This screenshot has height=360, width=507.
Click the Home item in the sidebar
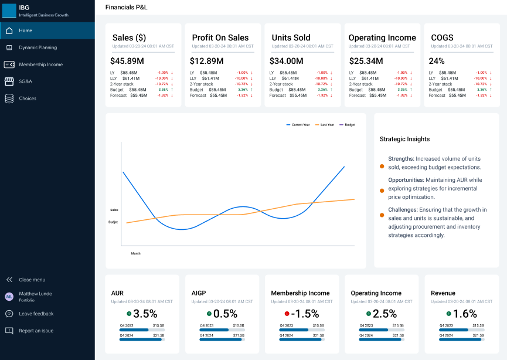pos(25,30)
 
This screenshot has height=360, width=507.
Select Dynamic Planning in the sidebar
pos(38,47)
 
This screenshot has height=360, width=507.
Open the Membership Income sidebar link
pos(40,64)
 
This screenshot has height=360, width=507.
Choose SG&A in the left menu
pos(26,81)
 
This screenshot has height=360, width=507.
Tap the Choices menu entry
pos(27,99)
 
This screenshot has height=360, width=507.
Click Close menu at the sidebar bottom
pos(32,280)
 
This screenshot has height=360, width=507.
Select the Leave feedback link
pos(36,314)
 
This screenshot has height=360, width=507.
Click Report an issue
pos(36,331)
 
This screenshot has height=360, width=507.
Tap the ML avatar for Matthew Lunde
pos(9,297)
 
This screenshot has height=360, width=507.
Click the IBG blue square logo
pos(9,11)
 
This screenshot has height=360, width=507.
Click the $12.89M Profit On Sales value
pos(206,61)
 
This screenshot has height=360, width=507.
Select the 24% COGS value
pos(437,61)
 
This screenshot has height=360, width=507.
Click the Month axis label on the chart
pos(135,253)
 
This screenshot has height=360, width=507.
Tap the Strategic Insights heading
pos(404,140)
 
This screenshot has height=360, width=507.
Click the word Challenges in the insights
pos(403,209)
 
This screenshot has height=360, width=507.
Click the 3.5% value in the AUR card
pos(145,314)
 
